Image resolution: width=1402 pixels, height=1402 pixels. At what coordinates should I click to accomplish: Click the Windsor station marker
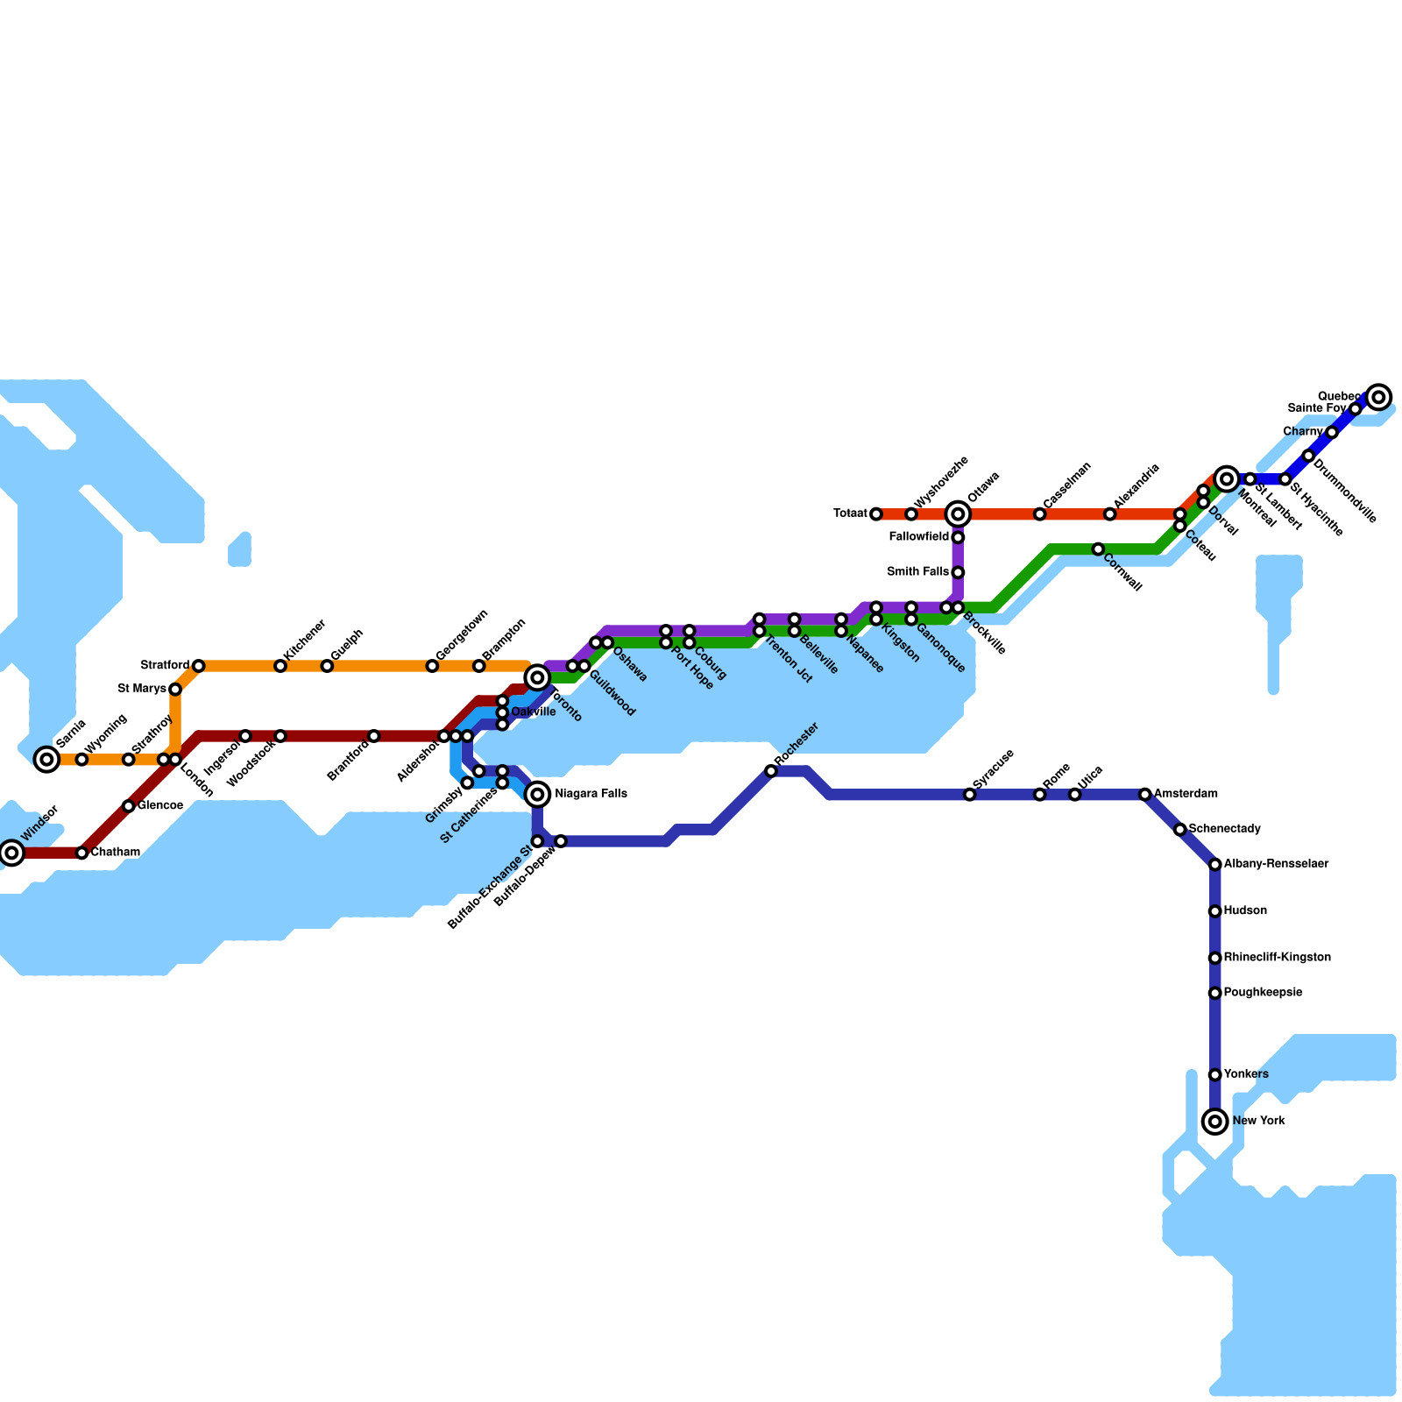tap(11, 852)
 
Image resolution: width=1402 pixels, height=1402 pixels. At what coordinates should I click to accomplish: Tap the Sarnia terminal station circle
tap(47, 759)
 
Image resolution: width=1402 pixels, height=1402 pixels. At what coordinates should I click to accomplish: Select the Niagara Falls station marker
tap(538, 794)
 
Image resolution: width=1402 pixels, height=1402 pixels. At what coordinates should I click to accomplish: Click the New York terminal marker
tap(1214, 1121)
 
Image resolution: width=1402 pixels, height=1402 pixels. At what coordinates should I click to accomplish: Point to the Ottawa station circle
tap(958, 513)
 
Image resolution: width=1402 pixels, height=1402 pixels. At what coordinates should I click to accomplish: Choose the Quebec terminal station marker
tap(1378, 397)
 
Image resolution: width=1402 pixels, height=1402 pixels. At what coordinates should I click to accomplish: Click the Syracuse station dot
tap(969, 794)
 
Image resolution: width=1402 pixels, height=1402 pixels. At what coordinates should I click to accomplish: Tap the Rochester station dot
tap(770, 770)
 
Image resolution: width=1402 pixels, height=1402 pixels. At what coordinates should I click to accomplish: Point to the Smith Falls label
tap(917, 572)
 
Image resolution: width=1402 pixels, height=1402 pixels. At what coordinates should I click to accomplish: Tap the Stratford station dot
tap(199, 666)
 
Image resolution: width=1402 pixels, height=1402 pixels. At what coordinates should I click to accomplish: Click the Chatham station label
tap(115, 852)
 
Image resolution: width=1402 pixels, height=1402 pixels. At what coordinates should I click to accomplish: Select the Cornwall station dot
tap(1098, 549)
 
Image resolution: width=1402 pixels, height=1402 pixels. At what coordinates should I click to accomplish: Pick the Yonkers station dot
tap(1214, 1074)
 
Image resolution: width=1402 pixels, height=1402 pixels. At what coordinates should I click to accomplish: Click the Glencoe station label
tap(159, 805)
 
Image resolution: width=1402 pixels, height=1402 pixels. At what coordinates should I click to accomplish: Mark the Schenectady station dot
tap(1179, 829)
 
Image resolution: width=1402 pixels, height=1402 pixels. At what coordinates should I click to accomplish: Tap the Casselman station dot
tap(1039, 513)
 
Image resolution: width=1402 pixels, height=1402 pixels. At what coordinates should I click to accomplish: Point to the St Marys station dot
tap(175, 689)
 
